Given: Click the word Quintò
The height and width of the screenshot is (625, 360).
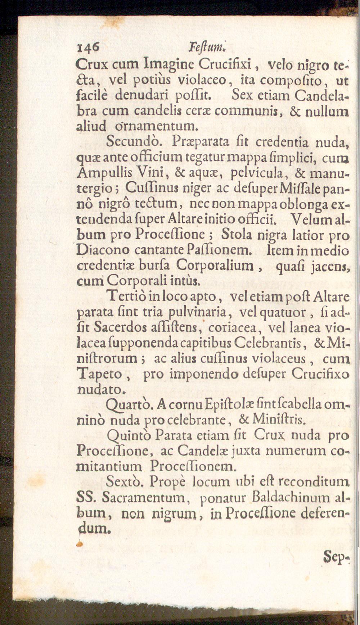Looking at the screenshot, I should point(130,436).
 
